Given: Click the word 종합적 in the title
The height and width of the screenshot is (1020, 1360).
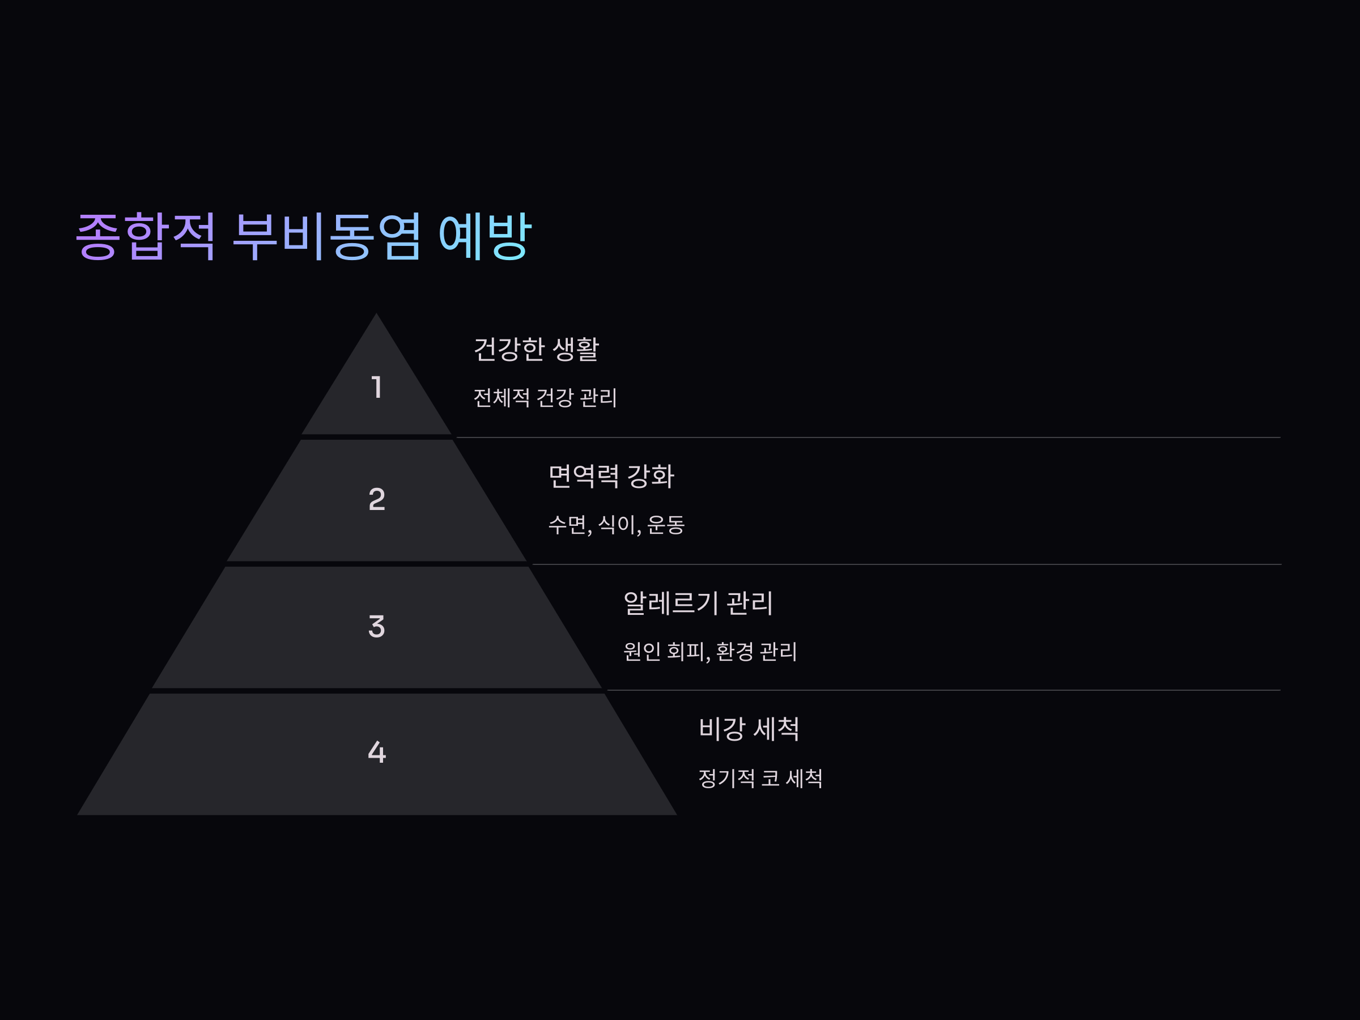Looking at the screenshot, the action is [145, 236].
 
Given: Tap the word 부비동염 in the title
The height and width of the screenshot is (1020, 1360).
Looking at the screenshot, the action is [327, 236].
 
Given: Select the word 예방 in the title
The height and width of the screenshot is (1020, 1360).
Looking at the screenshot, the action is [484, 236].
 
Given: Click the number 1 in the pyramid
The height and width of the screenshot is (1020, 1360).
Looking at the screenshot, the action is [377, 388].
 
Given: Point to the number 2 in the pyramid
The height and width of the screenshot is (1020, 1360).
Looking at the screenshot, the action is [377, 499].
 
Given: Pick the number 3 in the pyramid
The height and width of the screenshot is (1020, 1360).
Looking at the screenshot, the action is [377, 627].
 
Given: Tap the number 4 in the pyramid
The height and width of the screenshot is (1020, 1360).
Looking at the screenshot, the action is [377, 752].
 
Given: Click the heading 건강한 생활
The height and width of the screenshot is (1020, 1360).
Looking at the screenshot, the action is [536, 349].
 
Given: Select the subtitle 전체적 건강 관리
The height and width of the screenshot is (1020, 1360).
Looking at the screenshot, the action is [545, 398].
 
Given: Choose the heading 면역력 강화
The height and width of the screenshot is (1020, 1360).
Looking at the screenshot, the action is [611, 477].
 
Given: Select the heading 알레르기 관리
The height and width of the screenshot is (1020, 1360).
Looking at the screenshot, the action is [698, 603].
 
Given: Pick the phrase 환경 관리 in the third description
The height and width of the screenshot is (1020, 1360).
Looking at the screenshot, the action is [756, 652].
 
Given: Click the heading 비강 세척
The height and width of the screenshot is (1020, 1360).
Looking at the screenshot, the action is [749, 729].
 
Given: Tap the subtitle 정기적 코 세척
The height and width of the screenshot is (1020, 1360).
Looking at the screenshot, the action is [760, 779].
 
